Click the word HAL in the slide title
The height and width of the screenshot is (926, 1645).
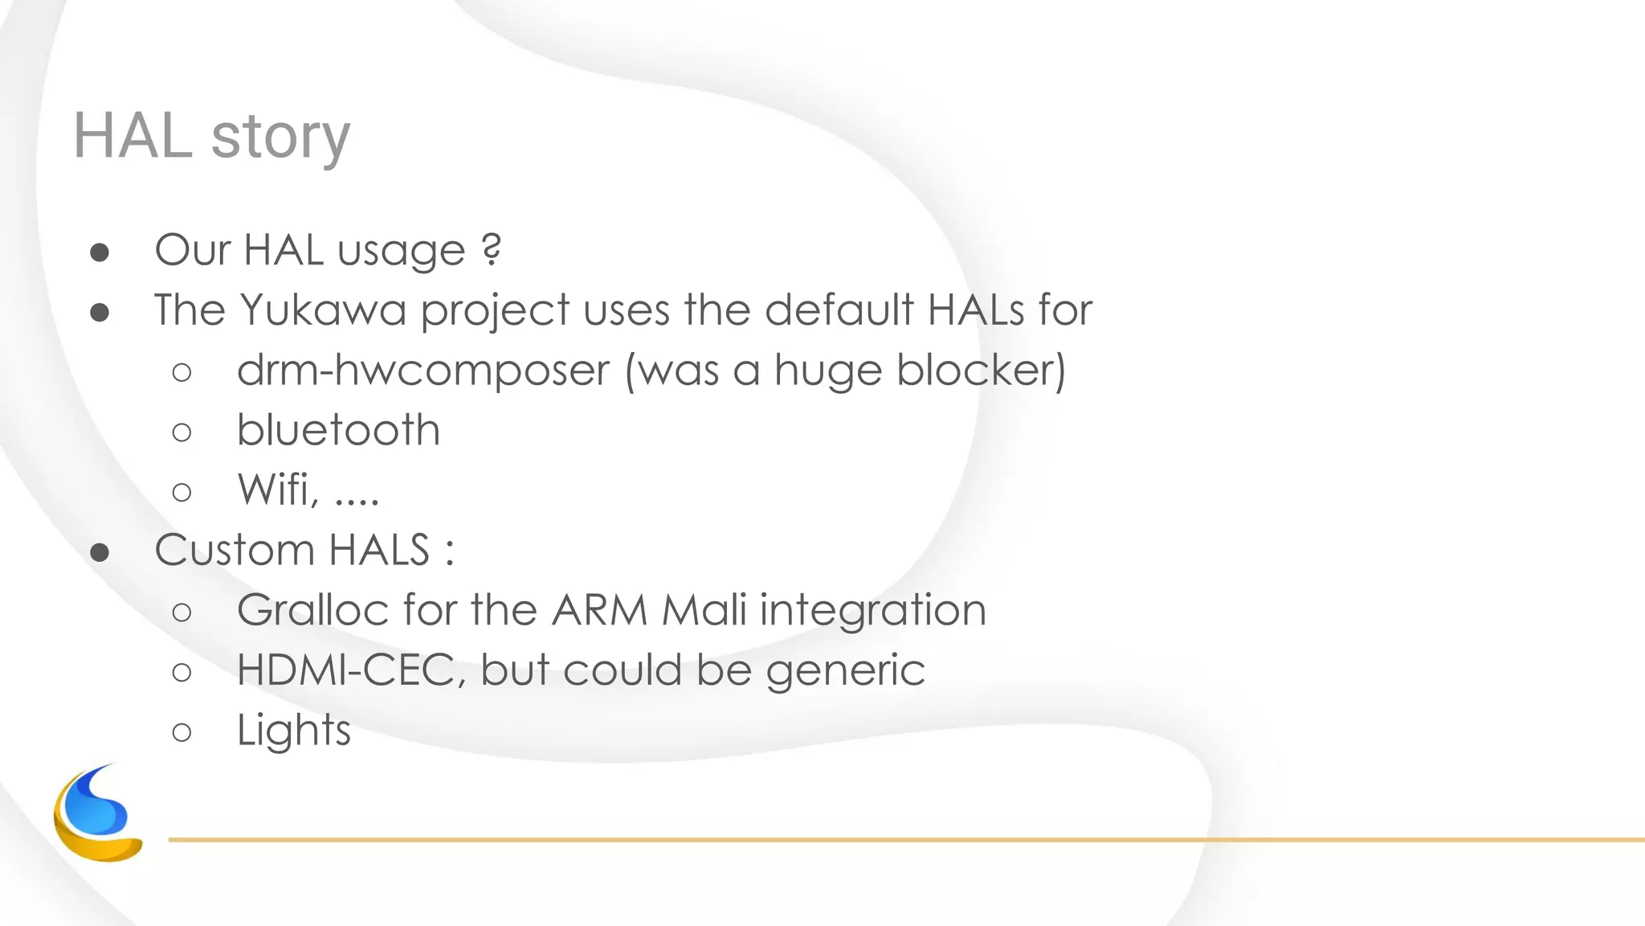133,135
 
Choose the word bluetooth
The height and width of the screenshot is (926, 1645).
338,430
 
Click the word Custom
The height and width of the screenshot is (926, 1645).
235,550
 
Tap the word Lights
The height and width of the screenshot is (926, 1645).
294,731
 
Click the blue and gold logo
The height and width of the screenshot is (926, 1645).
97,813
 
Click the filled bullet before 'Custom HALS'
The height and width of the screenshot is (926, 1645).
100,552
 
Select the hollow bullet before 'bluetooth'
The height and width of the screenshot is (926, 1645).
182,432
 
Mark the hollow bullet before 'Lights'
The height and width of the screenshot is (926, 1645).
182,732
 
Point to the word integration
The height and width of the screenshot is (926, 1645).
872,611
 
